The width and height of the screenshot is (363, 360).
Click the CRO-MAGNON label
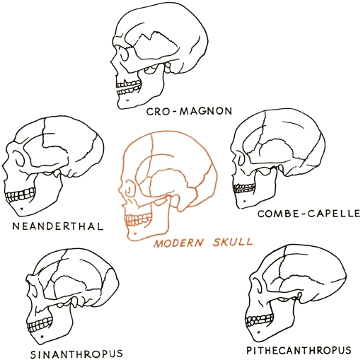click(189, 111)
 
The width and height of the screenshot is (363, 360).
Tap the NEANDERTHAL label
click(58, 226)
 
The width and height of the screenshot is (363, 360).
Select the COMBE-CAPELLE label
click(309, 214)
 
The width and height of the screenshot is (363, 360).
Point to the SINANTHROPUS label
click(77, 354)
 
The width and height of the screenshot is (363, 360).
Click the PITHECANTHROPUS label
click(299, 350)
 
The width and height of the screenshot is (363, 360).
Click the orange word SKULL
click(233, 242)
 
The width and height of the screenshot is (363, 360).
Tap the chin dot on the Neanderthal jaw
click(22, 209)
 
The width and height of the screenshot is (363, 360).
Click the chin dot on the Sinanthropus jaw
click(42, 337)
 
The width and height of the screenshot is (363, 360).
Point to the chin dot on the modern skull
click(135, 233)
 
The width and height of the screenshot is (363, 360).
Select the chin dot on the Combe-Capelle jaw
click(245, 202)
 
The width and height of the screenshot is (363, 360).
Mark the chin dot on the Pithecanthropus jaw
click(259, 332)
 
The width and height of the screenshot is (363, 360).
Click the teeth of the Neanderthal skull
click(21, 194)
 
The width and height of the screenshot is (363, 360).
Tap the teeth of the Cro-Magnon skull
click(129, 88)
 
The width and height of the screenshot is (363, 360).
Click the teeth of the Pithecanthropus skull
click(259, 320)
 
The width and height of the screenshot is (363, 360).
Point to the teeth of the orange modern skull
click(138, 219)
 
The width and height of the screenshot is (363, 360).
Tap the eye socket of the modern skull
click(129, 188)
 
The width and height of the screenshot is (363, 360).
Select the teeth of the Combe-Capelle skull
click(244, 187)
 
